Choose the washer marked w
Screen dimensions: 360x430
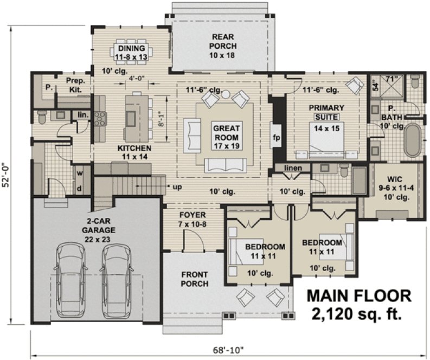pyautogui.click(x=79, y=173)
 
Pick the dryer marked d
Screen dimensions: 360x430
pyautogui.click(x=79, y=188)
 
